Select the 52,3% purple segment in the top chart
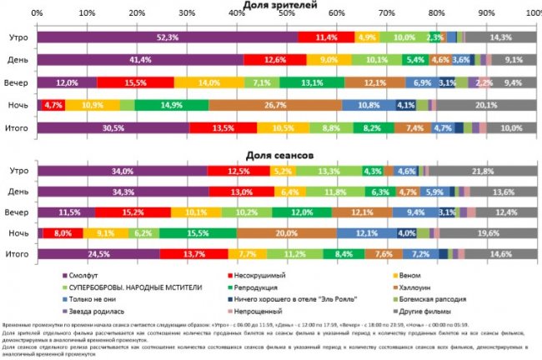click(168, 37)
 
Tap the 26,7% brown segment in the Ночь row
click(275, 106)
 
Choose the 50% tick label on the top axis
click(286, 15)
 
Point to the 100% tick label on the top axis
click(534, 15)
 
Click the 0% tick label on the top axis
click(38, 15)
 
